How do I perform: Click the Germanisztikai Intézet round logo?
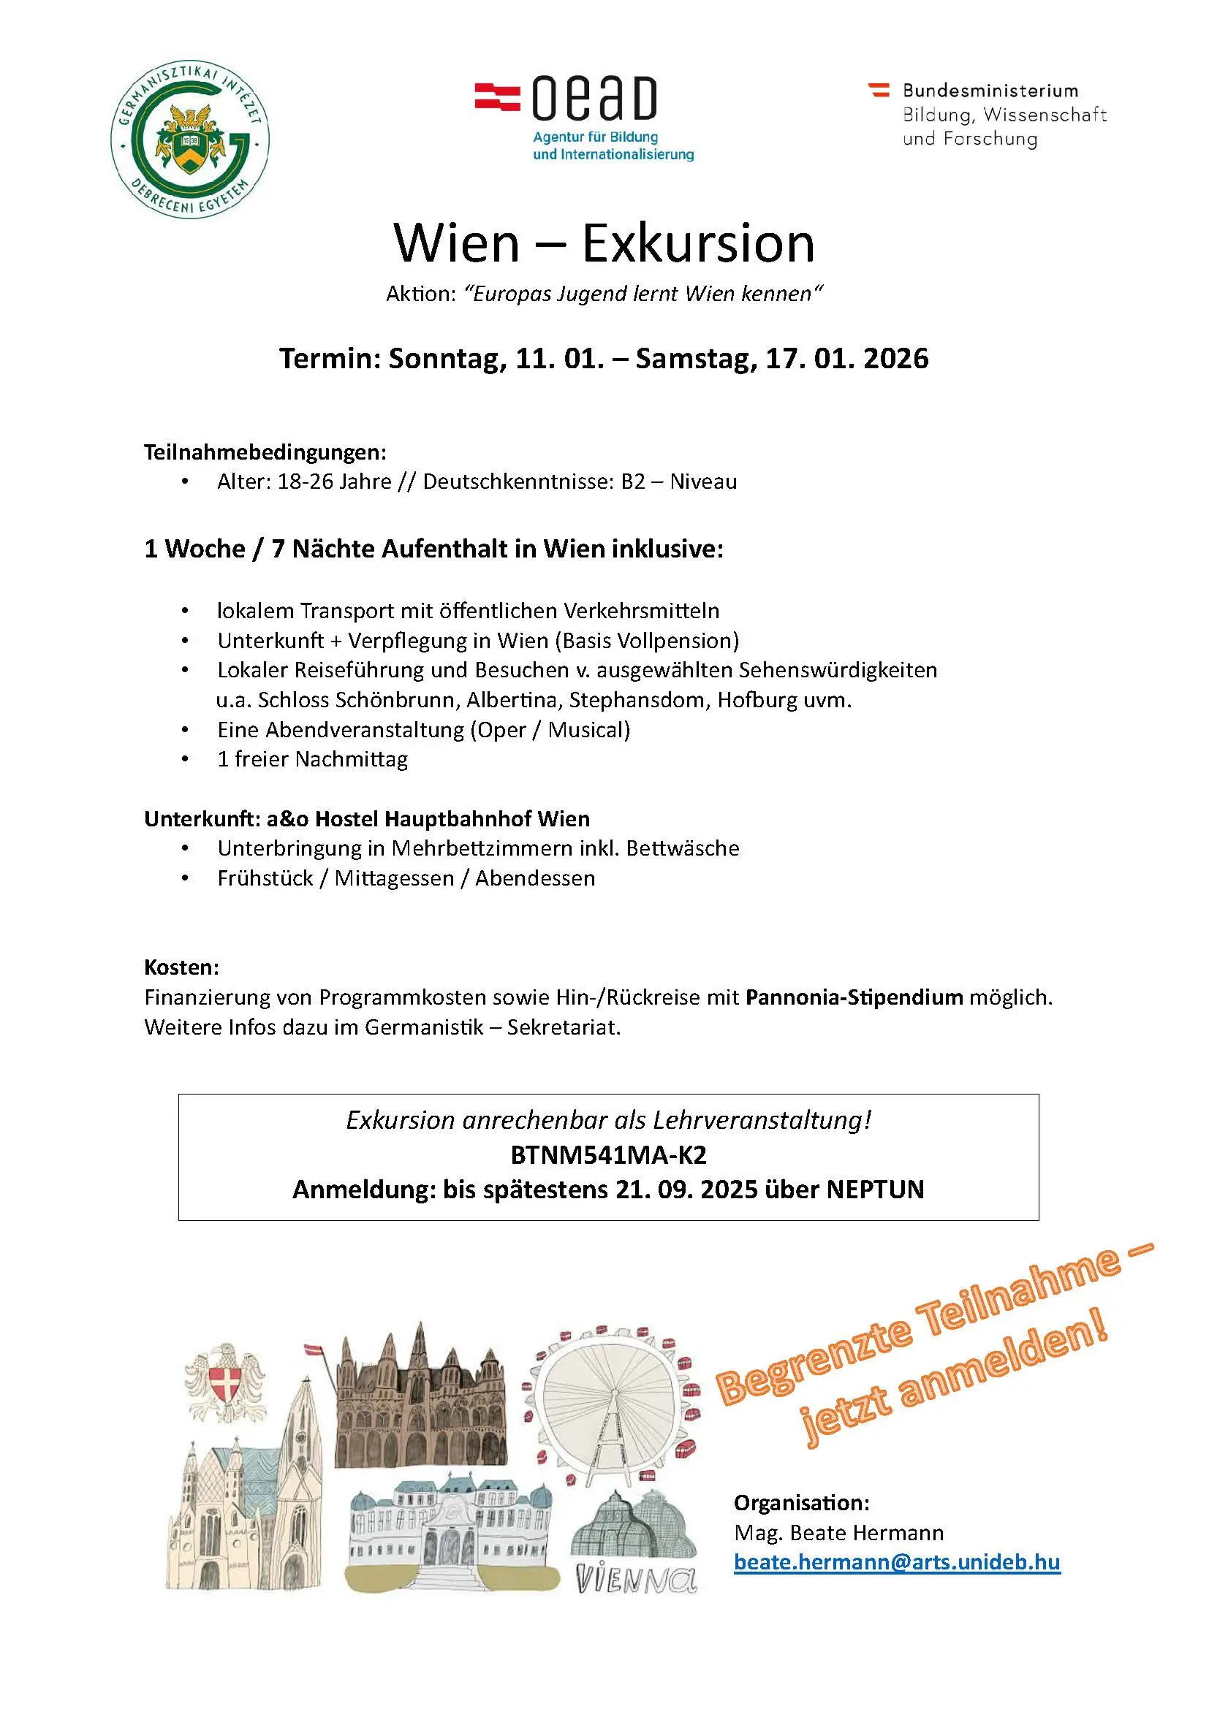[x=190, y=140]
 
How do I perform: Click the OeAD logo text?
[x=594, y=99]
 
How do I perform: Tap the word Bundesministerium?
[x=990, y=91]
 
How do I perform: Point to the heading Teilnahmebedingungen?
[x=265, y=452]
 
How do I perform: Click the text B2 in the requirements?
[x=633, y=482]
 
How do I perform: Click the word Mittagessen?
[x=394, y=878]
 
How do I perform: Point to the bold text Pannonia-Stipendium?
[x=854, y=997]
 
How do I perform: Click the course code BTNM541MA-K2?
[x=608, y=1154]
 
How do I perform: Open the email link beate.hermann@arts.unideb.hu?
[x=896, y=1561]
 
